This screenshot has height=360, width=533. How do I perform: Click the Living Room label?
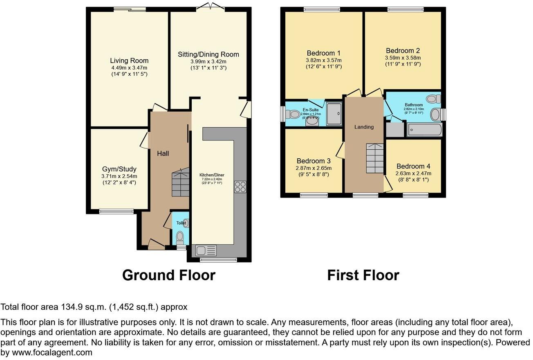(129, 61)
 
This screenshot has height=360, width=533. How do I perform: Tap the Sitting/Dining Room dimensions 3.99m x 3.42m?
(208, 61)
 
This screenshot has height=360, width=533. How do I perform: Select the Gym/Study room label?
(119, 169)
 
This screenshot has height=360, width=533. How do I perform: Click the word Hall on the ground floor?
(163, 153)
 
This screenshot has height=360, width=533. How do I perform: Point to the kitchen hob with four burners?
(240, 187)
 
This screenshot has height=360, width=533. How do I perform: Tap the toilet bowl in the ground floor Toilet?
(180, 237)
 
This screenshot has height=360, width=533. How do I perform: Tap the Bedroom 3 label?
(314, 161)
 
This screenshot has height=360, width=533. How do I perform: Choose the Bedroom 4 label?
(413, 166)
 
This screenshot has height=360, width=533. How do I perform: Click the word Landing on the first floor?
(364, 127)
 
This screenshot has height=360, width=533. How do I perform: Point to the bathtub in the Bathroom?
(423, 130)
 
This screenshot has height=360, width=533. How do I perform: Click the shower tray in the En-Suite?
(335, 113)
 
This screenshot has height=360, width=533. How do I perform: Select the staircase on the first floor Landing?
(374, 158)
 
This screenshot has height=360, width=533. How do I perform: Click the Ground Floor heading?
(168, 275)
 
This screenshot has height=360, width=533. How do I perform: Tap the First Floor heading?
(363, 275)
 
